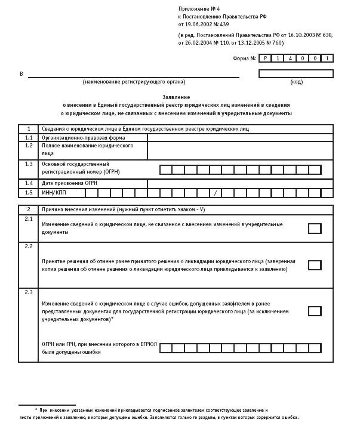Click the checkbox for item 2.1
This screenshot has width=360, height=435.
coord(314,229)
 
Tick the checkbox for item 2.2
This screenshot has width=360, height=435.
coord(314,266)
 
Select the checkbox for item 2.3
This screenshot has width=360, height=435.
coord(314,311)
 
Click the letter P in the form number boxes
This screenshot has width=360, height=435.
coord(266,58)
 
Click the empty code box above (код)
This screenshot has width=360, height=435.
coord(296,74)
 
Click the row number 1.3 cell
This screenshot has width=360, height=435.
coord(29,163)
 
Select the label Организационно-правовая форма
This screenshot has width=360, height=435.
coord(75,137)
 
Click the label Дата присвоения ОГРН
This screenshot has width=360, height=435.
coord(69,183)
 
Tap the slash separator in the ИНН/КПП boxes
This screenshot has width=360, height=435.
coord(216,193)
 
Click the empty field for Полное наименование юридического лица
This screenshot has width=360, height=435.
coord(240,150)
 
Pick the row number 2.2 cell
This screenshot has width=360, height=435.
coord(29,246)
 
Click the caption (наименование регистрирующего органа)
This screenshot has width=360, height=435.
coord(134,82)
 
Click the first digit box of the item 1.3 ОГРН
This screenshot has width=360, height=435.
coord(165,170)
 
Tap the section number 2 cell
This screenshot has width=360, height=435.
coord(29,209)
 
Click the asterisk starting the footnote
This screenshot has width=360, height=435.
coord(36,411)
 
